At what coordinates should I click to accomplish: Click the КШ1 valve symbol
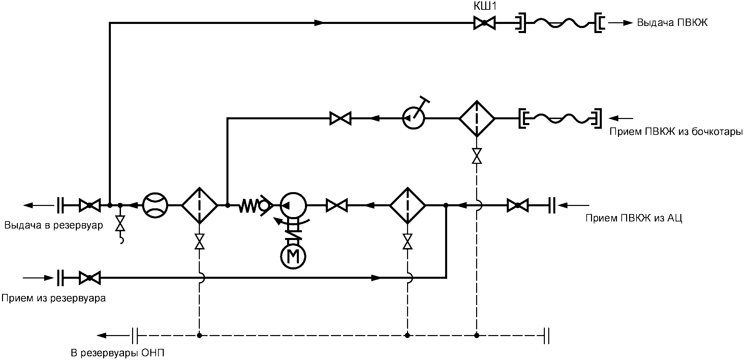pyautogui.click(x=484, y=23)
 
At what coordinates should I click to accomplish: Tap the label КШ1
pyautogui.click(x=485, y=7)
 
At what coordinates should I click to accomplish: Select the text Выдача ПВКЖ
pyautogui.click(x=672, y=23)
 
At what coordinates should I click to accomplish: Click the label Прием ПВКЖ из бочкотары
pyautogui.click(x=676, y=131)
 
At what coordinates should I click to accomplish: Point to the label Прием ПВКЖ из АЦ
pyautogui.click(x=634, y=218)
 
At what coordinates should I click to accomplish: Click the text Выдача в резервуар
pyautogui.click(x=54, y=225)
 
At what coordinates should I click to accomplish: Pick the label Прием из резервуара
pyautogui.click(x=54, y=298)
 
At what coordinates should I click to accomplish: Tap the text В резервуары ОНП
pyautogui.click(x=118, y=353)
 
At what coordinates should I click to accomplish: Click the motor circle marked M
pyautogui.click(x=293, y=257)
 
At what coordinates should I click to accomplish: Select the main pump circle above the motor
pyautogui.click(x=293, y=205)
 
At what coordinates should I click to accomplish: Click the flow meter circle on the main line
pyautogui.click(x=155, y=205)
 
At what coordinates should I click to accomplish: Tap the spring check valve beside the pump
pyautogui.click(x=256, y=205)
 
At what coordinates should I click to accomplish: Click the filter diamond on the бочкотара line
pyautogui.click(x=477, y=118)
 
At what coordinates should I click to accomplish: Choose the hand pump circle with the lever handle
pyautogui.click(x=414, y=118)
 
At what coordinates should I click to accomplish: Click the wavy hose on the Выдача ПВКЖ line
pyautogui.click(x=558, y=23)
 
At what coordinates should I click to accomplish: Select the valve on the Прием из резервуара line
pyautogui.click(x=90, y=278)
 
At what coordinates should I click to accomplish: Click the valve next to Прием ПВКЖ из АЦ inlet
pyautogui.click(x=518, y=205)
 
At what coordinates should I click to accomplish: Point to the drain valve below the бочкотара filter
pyautogui.click(x=477, y=156)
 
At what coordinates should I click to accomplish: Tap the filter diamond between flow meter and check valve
pyautogui.click(x=199, y=205)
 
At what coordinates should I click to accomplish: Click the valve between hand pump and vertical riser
pyautogui.click(x=340, y=118)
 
